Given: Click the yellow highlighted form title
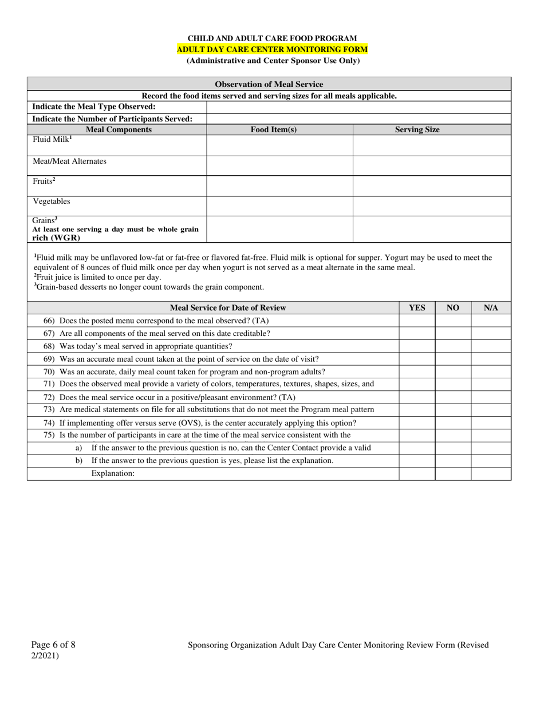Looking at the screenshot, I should coord(272,49).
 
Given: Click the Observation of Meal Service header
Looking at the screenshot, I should coord(269,84).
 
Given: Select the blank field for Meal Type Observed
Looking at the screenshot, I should coord(358,107).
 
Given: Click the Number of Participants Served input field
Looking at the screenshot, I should coord(358,119).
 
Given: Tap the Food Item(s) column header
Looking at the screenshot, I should coord(274,130).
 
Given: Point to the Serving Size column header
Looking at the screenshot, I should coord(417,130).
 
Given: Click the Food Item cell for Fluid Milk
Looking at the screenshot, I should coord(279,145).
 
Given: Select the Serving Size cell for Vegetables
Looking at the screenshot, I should coord(431,206).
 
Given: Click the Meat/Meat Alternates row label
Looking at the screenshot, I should coord(69,161).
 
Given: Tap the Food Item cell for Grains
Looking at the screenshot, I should coord(279,229).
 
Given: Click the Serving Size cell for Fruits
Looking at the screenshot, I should coord(431,186).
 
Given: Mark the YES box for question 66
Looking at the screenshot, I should coord(417,321).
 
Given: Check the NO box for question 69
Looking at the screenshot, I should coord(453,359).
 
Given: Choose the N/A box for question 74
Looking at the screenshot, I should coord(491,423).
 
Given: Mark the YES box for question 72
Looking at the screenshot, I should coord(417,397).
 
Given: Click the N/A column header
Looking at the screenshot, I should coord(491,308).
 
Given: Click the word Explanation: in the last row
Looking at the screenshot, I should coord(113,473).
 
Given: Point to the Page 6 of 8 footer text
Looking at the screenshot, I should coord(53,645).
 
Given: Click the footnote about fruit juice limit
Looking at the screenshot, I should coord(97,277).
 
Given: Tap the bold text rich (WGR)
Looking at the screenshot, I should coord(56,238).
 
